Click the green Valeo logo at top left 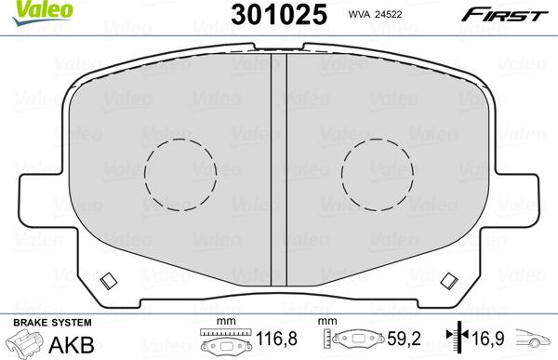tap(42, 11)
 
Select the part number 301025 tap(279, 15)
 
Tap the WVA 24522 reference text tap(375, 14)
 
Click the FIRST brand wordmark tap(504, 15)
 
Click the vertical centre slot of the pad tap(279, 169)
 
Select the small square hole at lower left tap(109, 281)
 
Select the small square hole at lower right tap(449, 281)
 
